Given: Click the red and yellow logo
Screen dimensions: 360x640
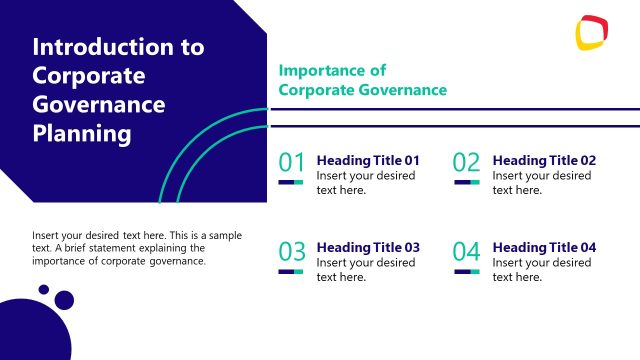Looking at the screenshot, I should (593, 32).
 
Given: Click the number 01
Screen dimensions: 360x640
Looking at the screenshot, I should (292, 163).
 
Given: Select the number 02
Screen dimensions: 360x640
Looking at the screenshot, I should (467, 163).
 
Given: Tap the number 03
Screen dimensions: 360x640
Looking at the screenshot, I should (292, 251).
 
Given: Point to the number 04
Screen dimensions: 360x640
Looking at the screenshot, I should (467, 251).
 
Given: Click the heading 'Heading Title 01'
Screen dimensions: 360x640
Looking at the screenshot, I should (368, 160).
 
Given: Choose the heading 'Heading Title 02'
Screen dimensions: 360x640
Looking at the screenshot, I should (544, 160).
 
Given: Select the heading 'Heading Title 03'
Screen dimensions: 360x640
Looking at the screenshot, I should (368, 247).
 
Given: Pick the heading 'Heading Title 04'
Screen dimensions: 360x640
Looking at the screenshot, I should (544, 247).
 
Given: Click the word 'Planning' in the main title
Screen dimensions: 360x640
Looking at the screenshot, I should (81, 132).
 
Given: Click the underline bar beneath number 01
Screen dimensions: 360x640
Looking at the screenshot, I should (291, 182).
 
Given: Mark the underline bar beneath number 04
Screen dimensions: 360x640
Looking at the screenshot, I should (467, 271).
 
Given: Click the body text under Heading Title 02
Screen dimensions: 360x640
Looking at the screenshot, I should (541, 183).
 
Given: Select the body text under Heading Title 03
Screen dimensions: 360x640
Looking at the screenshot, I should (365, 270).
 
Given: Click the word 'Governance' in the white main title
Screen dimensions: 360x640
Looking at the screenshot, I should (99, 103).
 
